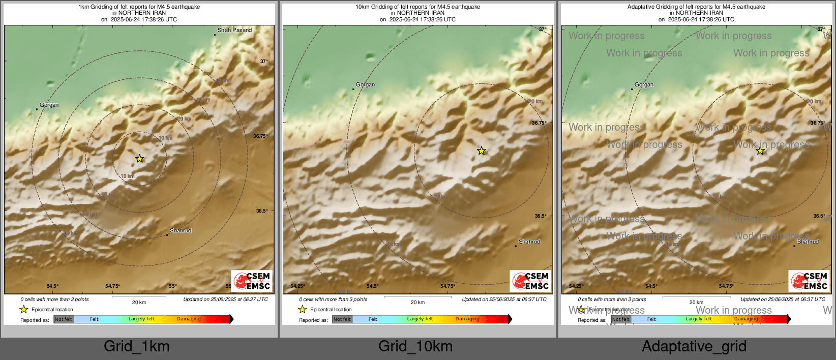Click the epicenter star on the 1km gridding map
[x=139, y=159]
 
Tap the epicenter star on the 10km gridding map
[x=481, y=151]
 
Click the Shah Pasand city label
[x=234, y=31]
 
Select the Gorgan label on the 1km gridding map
[x=49, y=105]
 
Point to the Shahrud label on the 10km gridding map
[x=529, y=242]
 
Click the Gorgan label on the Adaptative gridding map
[x=644, y=85]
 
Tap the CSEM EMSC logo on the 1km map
[x=252, y=281]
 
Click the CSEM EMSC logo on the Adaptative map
[x=810, y=281]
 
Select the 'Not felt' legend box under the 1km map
[x=64, y=319]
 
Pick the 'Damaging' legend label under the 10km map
[x=467, y=319]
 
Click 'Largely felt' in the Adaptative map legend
[x=698, y=319]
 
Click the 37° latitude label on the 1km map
[x=264, y=62]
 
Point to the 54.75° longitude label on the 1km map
[x=112, y=286]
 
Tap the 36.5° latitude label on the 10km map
[x=541, y=216]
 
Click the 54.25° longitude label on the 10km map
[x=297, y=286]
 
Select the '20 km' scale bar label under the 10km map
[x=417, y=303]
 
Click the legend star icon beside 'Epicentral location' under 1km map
[x=23, y=309]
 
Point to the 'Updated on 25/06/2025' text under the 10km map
[x=504, y=299]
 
